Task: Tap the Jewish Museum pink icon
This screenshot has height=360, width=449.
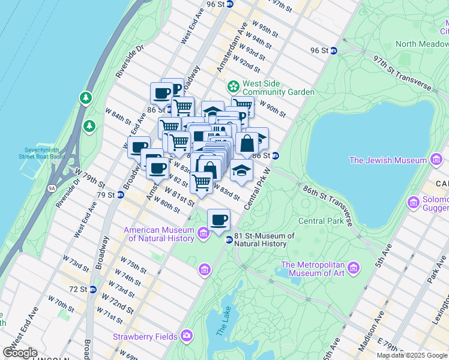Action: coord(436,160)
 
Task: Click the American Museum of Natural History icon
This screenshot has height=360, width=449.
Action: coord(203,232)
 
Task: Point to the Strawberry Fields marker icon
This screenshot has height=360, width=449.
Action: coord(187,335)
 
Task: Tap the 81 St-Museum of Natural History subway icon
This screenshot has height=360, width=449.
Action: coord(229,240)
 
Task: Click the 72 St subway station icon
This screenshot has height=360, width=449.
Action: coord(93,289)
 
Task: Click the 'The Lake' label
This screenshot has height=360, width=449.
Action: coord(220,323)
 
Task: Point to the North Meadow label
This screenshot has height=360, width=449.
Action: coord(421,44)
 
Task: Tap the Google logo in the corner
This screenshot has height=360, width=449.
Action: coord(19,352)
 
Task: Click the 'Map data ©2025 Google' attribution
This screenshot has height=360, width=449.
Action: coord(412,355)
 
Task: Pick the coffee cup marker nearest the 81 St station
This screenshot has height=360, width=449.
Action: coord(219,219)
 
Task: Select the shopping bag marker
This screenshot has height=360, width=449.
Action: coord(247,144)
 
